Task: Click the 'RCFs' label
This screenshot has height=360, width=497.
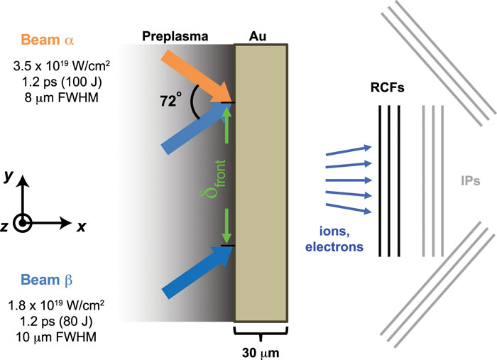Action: coord(390,90)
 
